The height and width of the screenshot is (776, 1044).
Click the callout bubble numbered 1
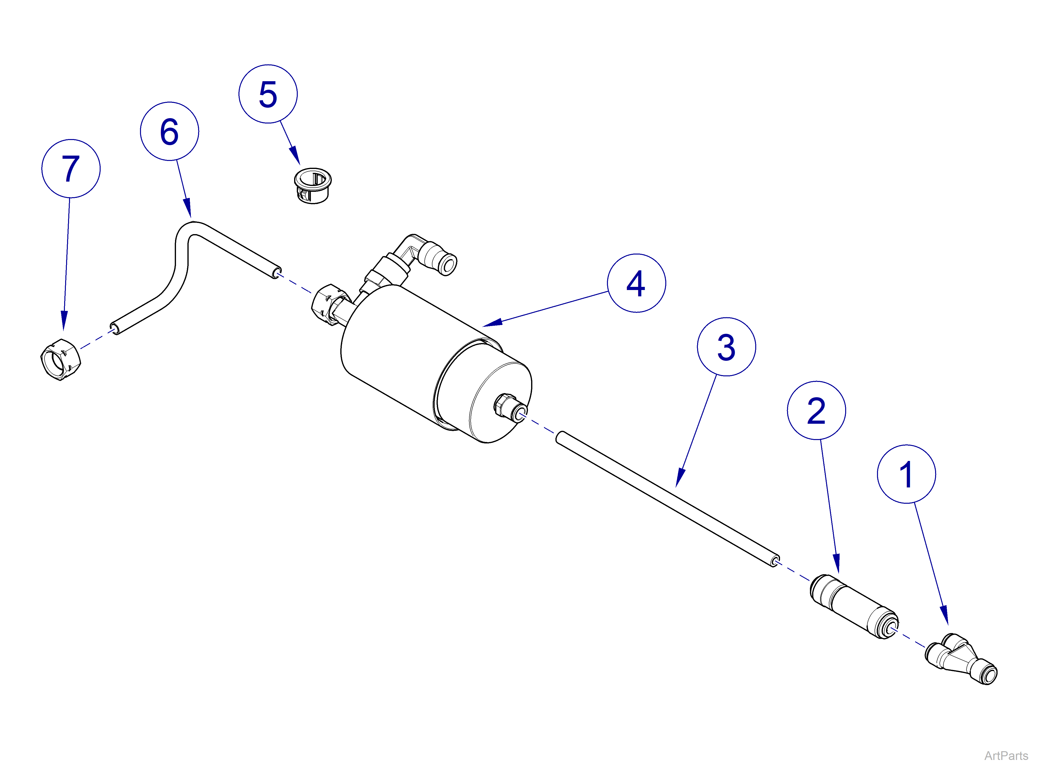click(906, 474)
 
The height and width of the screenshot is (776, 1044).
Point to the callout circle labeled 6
click(169, 131)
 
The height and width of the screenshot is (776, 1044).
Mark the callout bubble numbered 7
click(71, 169)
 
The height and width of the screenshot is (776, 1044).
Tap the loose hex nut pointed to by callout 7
click(61, 359)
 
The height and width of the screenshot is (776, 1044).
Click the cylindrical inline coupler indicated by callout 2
click(854, 606)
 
